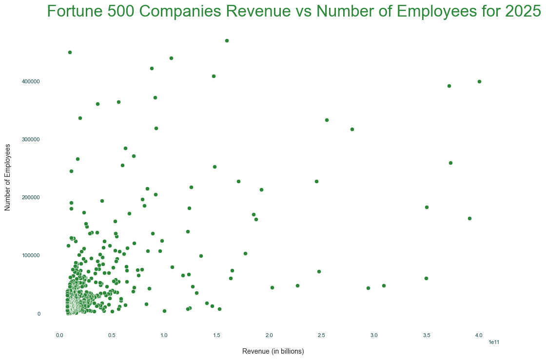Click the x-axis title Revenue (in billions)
(x=273, y=351)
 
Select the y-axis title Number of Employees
(x=7, y=177)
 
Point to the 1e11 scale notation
(x=493, y=342)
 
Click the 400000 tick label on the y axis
(x=31, y=81)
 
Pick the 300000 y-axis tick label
(x=31, y=139)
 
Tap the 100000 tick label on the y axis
(x=31, y=256)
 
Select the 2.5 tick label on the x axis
(x=322, y=335)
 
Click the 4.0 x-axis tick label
(x=479, y=335)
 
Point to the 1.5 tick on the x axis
(x=217, y=335)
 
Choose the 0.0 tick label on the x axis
(x=59, y=335)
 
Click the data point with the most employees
(x=227, y=40)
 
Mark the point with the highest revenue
(x=479, y=81)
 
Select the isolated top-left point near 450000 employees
(x=70, y=52)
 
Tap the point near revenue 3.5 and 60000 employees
(x=426, y=278)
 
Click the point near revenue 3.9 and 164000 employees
(x=469, y=218)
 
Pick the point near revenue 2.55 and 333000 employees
(x=327, y=120)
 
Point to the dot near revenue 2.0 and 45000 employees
(x=272, y=287)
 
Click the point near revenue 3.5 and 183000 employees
(x=427, y=207)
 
